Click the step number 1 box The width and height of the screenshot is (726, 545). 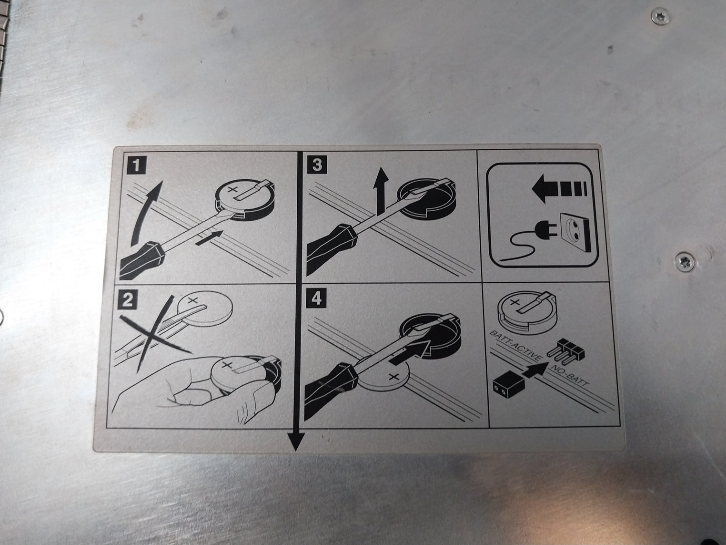[x=137, y=165]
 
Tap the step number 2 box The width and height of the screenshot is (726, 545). [x=127, y=300]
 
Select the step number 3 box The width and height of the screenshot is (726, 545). [x=317, y=165]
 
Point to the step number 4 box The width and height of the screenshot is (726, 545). [x=316, y=298]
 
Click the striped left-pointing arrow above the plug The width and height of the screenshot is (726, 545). [x=559, y=189]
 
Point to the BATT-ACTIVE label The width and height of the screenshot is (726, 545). [x=515, y=346]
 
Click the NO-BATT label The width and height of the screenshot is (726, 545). [x=569, y=376]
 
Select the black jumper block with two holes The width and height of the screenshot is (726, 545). [x=509, y=384]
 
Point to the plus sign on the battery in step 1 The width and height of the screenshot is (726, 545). [x=232, y=190]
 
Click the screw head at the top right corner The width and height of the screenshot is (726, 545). [x=661, y=16]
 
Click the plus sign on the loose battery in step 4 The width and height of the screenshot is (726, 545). [x=393, y=376]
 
